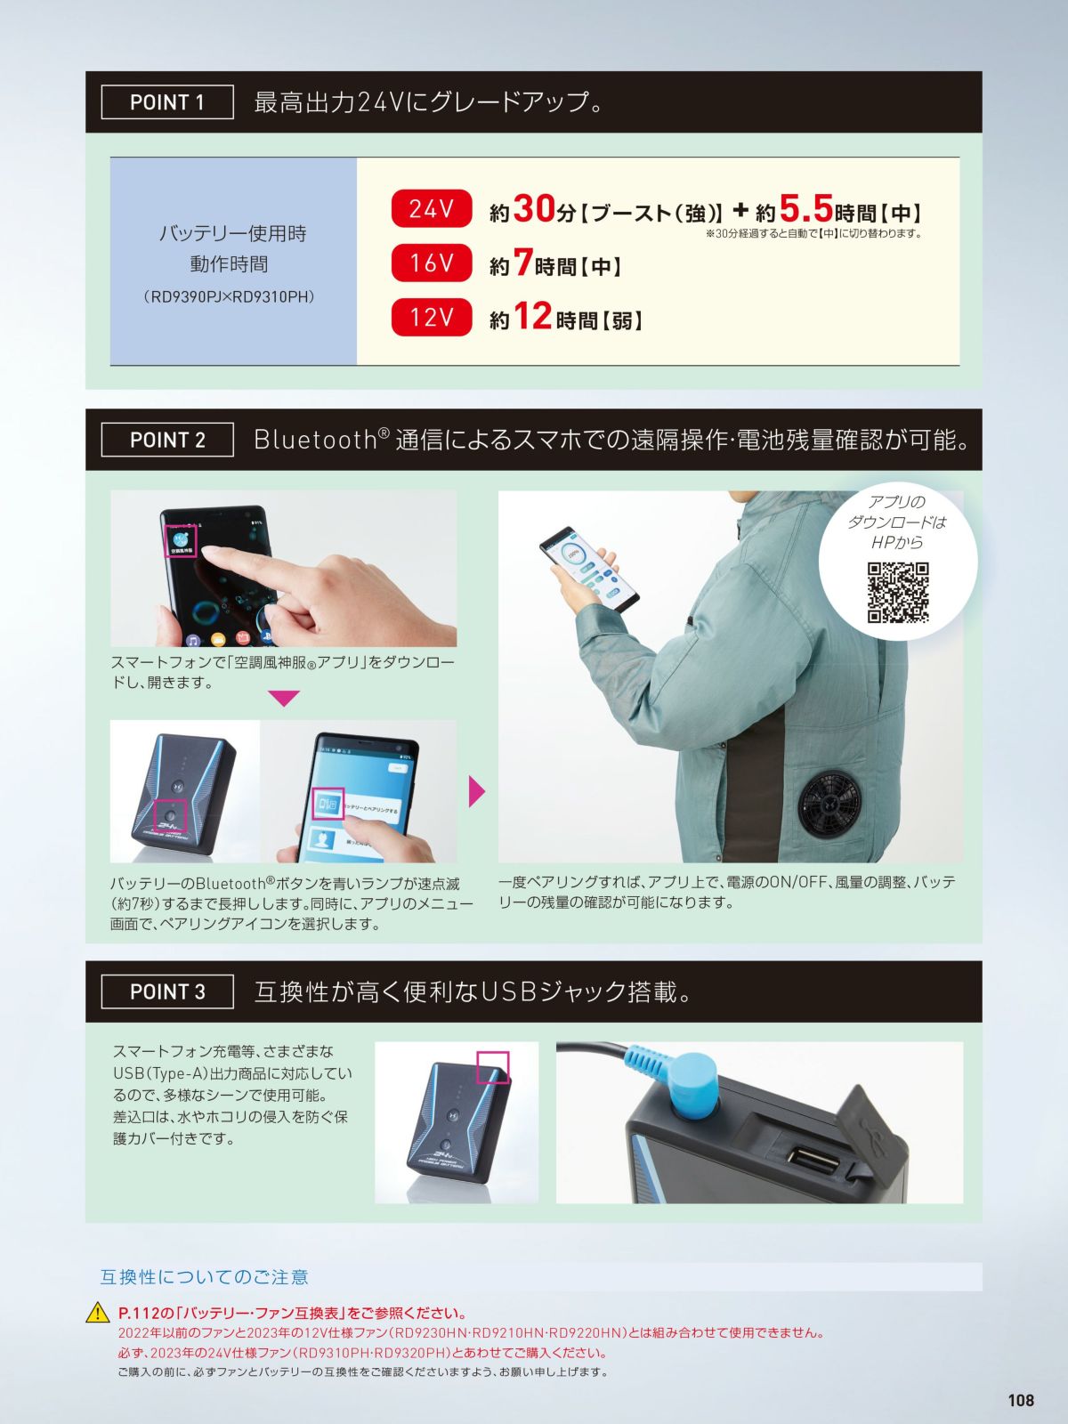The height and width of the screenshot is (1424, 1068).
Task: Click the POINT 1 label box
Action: pos(167,101)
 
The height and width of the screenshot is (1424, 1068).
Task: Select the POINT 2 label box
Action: pos(167,440)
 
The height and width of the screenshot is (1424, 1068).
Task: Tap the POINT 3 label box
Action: pos(167,991)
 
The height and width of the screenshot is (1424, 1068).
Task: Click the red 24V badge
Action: pos(432,208)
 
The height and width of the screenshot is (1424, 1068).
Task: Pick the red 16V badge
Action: pos(432,263)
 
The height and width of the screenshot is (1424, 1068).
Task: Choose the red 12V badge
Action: pos(432,317)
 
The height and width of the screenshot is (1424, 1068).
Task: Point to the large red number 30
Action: pos(534,209)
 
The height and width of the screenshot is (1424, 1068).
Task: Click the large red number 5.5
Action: pos(805,209)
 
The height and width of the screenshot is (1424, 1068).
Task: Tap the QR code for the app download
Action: pos(898,593)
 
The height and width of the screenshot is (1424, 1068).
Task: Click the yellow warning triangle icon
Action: pos(98,1313)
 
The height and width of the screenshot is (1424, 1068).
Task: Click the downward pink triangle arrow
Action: pos(284,698)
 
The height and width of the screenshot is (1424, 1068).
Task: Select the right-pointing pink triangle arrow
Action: pos(477,791)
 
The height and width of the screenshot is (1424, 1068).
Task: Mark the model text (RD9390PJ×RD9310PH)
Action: pos(229,297)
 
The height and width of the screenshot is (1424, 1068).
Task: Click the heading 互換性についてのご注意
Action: pos(205,1277)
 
